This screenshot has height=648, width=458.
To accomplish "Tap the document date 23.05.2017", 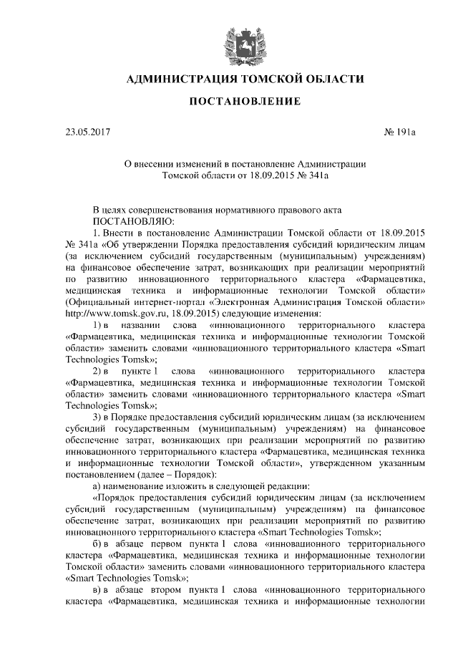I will point(88,133).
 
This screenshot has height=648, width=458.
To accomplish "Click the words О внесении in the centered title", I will point(153,164).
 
